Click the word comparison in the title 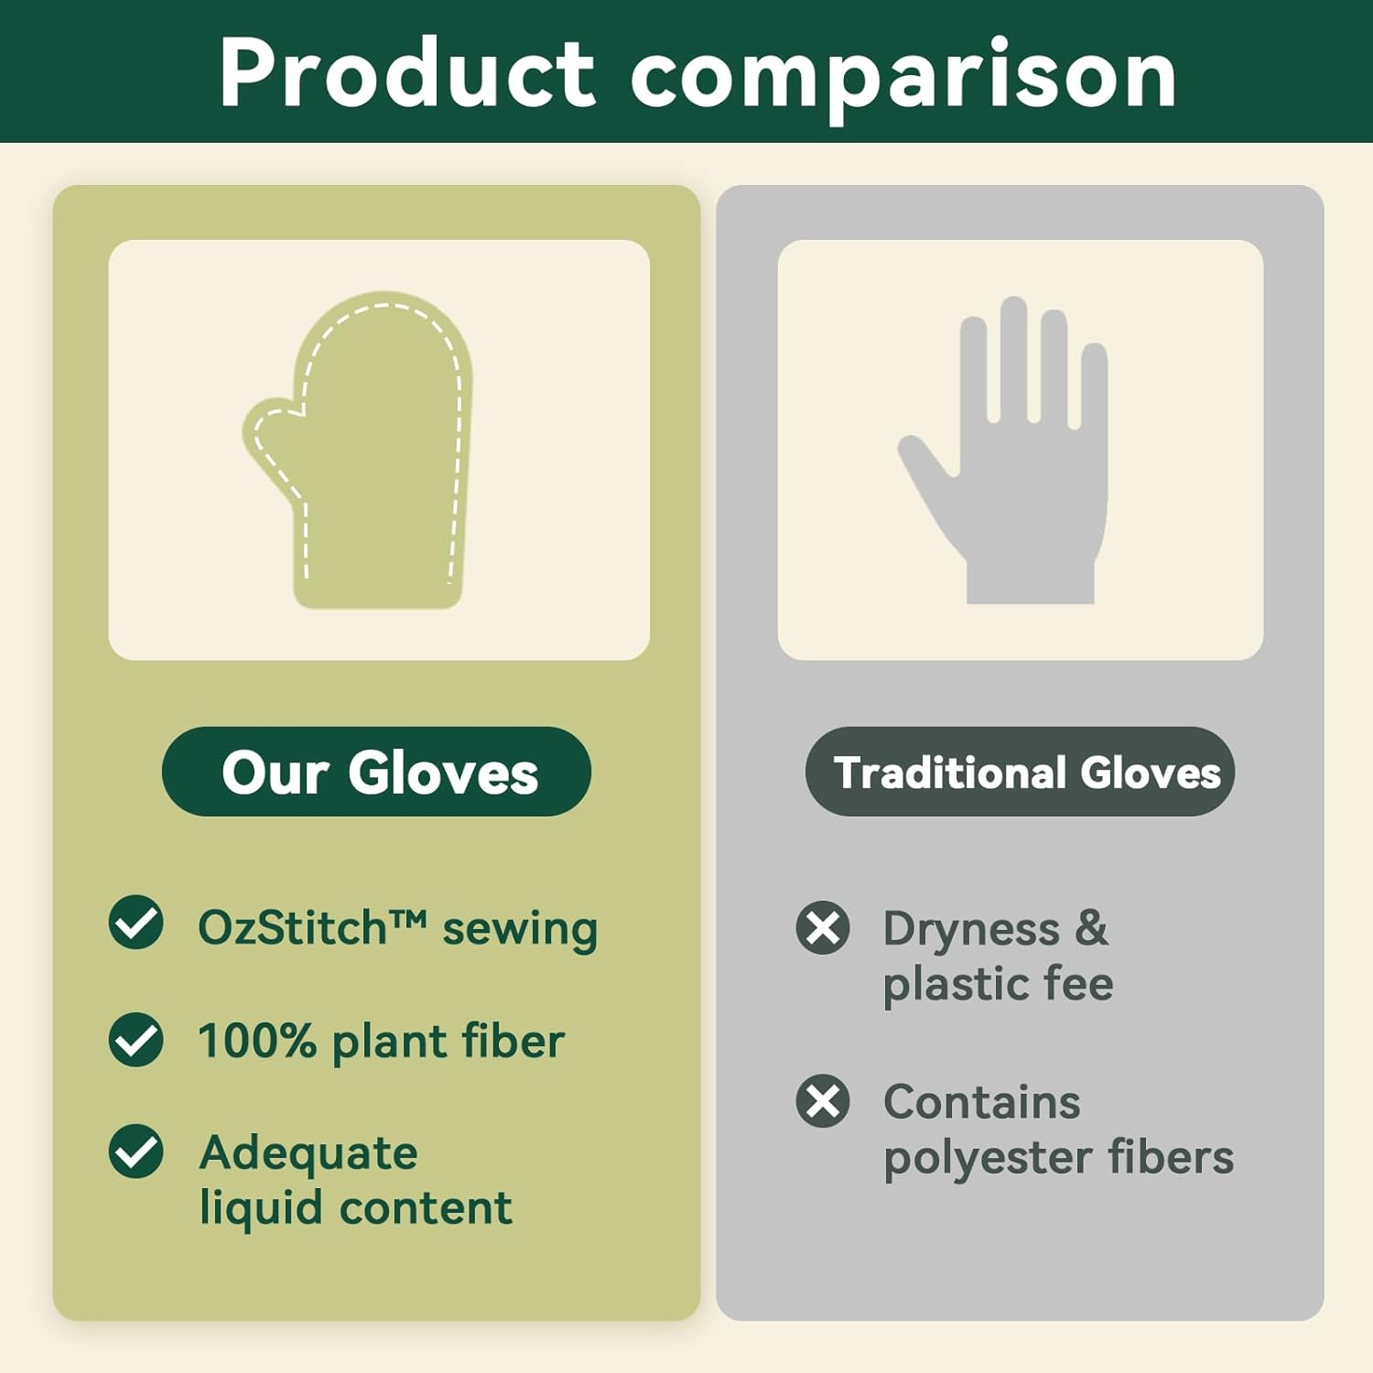coord(903,77)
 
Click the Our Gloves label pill coord(376,772)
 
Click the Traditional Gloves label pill coord(1020,772)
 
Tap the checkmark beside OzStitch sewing coord(135,923)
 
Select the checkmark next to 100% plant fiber coord(135,1040)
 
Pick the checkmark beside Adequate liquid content coord(135,1151)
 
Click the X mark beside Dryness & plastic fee coord(823,928)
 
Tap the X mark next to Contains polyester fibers coord(823,1100)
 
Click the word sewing coord(519,930)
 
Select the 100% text coord(257,1041)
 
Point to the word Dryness coord(970,930)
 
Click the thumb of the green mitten coord(271,439)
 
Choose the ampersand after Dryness coord(1091,928)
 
